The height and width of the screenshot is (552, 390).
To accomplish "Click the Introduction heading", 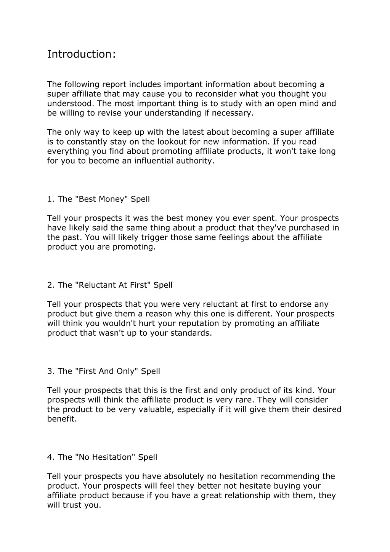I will [x=81, y=54].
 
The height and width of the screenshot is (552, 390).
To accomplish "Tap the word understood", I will [x=71, y=103].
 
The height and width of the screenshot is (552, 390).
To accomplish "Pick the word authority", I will [x=195, y=161].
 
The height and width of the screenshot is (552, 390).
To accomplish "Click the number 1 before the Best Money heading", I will [x=50, y=199].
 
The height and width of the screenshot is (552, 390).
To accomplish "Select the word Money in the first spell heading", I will [x=113, y=199].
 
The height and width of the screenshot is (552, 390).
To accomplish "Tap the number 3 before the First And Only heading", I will [x=50, y=371].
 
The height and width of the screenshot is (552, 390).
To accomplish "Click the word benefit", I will [x=61, y=419].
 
